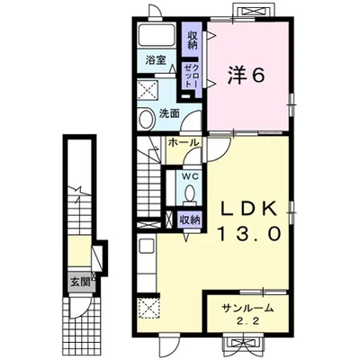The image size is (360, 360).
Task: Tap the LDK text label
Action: click(249, 209)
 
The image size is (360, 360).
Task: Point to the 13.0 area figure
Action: click(248, 233)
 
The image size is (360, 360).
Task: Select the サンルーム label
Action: click(247, 308)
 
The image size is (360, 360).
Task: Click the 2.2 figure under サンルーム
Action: click(248, 321)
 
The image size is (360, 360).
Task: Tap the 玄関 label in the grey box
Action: click(80, 282)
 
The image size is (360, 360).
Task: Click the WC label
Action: click(191, 177)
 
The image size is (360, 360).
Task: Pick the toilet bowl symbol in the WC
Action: click(190, 194)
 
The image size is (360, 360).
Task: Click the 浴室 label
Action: click(156, 60)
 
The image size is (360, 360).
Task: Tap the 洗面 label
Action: click(169, 113)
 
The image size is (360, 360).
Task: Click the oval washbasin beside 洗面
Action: click(147, 119)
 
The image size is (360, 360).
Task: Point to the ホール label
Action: click(184, 143)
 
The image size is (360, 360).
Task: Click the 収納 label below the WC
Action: click(190, 220)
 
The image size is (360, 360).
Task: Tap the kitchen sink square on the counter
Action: click(147, 246)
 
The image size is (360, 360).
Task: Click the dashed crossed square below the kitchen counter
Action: click(148, 309)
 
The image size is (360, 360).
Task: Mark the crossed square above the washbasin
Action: click(148, 90)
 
